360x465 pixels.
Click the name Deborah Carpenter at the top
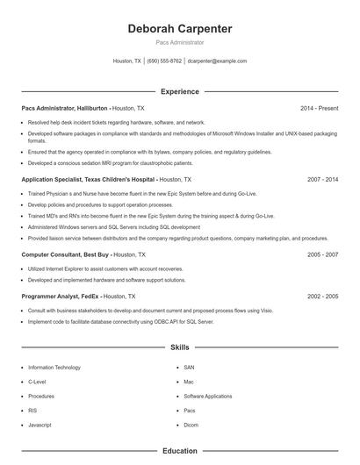(x=180, y=29)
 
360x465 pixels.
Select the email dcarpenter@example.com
(x=218, y=61)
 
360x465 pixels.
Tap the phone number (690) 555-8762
(x=164, y=61)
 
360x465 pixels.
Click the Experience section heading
(x=180, y=91)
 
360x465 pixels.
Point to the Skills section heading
(x=180, y=347)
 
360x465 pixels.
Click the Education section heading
(x=180, y=451)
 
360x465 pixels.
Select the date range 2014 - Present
(x=319, y=108)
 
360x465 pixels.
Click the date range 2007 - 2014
(x=323, y=179)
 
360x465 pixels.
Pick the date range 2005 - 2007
(x=323, y=254)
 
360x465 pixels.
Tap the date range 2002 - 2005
(x=323, y=297)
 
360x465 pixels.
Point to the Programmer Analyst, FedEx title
(x=61, y=297)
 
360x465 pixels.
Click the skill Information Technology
(x=54, y=368)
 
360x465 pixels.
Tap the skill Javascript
(x=40, y=425)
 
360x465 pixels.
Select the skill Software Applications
(x=208, y=396)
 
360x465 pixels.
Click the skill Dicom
(x=191, y=425)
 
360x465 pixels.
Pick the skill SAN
(x=189, y=368)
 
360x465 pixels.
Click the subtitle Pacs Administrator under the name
(x=180, y=42)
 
